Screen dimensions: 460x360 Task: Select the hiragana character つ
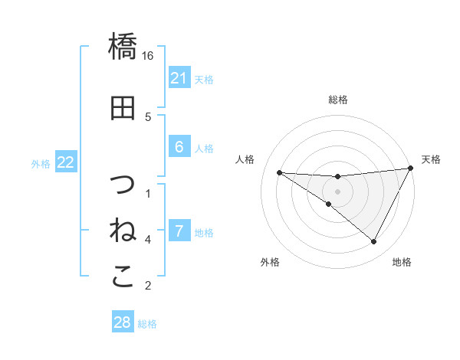coord(123,185)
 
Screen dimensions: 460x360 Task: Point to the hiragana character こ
coord(123,277)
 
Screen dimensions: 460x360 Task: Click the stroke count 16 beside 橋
coord(148,56)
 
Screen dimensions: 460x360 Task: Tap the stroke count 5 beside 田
coord(148,117)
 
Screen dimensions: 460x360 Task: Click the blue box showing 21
coord(179,78)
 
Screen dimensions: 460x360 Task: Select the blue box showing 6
coord(179,147)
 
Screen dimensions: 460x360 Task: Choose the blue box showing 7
coord(179,231)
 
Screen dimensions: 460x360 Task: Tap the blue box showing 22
coord(66,162)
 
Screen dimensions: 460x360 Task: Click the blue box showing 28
coord(123,322)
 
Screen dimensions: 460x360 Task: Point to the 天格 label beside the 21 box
coord(204,79)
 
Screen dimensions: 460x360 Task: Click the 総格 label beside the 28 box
coord(147,324)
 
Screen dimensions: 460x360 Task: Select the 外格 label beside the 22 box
coord(41,163)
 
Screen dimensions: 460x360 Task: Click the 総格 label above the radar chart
coord(338,100)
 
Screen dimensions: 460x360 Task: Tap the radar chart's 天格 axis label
coord(432,159)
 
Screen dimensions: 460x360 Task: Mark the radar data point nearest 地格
coord(374,242)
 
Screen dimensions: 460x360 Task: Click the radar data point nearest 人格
coord(279,172)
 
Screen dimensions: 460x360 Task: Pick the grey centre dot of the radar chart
coord(338,191)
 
